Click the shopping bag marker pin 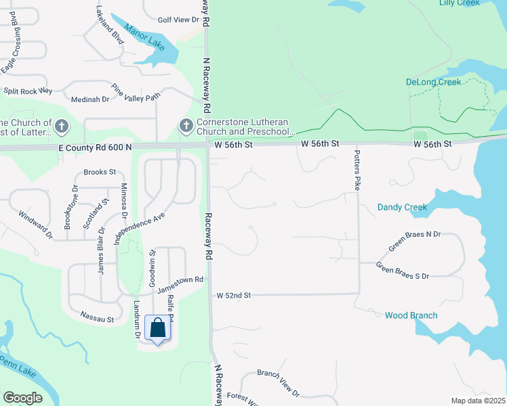[157, 329]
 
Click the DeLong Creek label [433, 82]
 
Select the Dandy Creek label [402, 207]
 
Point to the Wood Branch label [411, 315]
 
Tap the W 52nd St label [234, 296]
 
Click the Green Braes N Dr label [414, 242]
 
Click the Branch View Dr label [278, 382]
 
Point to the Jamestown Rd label [180, 284]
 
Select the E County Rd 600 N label [95, 147]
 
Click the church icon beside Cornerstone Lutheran [184, 126]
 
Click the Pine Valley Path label [136, 92]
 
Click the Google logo [22, 398]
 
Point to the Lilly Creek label [459, 3]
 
